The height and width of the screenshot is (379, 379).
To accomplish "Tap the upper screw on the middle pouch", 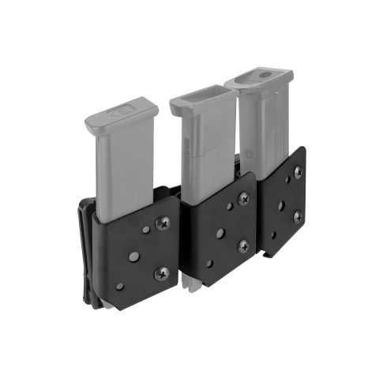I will click(x=243, y=199).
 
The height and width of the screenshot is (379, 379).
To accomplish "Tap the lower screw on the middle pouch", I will click(x=242, y=246).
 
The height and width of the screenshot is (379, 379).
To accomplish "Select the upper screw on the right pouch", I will click(x=298, y=171).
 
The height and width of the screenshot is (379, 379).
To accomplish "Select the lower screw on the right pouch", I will click(x=298, y=216).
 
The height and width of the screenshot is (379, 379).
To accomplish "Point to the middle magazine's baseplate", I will click(x=203, y=99).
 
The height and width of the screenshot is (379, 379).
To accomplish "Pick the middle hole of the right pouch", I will click(x=282, y=206).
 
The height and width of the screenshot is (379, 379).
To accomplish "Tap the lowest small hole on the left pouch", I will click(x=119, y=286).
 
